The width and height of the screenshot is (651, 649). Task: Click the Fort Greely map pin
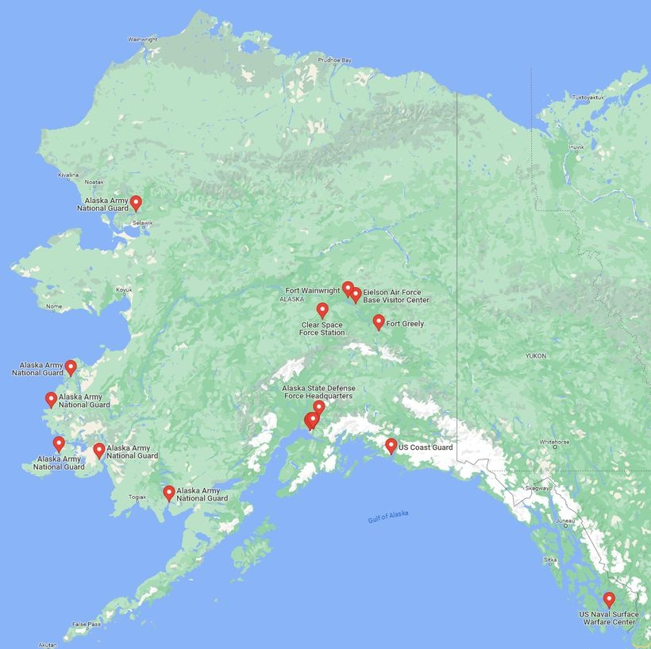point(379,321)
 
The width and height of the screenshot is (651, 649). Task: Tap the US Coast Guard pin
point(391,445)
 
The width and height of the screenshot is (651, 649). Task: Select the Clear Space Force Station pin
point(322,309)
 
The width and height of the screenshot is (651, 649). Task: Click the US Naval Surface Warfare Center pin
point(609,599)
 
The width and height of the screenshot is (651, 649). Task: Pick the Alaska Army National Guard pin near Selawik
point(136,202)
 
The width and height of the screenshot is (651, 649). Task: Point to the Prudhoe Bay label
point(334,60)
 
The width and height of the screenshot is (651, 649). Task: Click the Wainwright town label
point(143,39)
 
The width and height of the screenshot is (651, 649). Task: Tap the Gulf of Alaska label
point(388,517)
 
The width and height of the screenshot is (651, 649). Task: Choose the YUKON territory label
point(535,356)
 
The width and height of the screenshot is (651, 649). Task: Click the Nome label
point(54,306)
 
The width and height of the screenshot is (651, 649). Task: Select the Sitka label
point(549,559)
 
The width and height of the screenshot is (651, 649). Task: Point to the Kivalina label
point(68,175)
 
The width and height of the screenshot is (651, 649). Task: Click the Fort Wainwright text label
point(312,291)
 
